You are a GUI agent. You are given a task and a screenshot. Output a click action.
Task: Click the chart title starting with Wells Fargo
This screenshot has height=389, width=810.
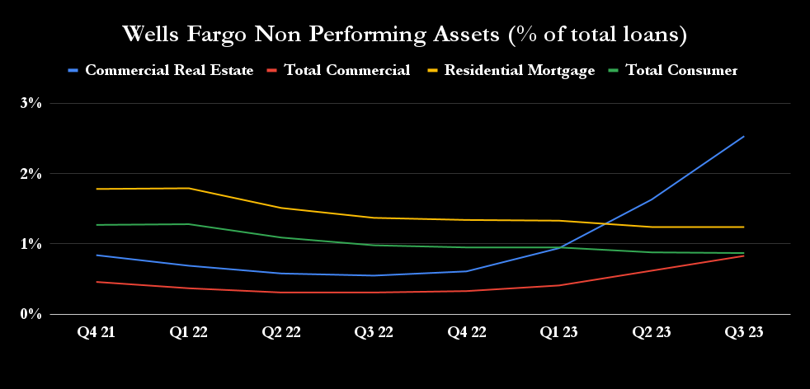pos(405,35)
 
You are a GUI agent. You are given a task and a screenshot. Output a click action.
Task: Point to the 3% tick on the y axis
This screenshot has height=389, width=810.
pos(31,103)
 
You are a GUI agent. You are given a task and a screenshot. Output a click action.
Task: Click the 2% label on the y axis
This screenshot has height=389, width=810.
pos(31,174)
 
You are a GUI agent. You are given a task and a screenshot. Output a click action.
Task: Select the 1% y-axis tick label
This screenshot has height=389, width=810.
pos(31,244)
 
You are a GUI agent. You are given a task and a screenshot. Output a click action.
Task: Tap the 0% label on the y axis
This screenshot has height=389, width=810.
pos(31,314)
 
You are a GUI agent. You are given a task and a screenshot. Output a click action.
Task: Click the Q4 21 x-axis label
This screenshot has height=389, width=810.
pos(97,332)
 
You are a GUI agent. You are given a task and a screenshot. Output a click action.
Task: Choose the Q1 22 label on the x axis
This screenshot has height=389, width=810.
pos(189,332)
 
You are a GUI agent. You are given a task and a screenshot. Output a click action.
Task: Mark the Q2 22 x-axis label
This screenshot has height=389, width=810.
pos(281,332)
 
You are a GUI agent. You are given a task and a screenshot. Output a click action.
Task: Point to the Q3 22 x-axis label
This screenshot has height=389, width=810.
pos(374,332)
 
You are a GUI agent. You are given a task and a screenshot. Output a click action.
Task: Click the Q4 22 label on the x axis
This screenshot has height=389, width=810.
pos(467,332)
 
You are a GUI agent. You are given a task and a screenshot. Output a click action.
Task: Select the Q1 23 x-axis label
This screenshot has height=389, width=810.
pos(559,332)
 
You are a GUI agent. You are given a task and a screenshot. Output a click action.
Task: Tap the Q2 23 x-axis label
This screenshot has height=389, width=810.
pos(652,332)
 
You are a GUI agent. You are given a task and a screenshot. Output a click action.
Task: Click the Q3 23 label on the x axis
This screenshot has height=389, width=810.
pos(744,332)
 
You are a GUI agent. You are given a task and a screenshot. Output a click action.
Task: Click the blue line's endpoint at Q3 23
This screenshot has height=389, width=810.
pos(744,137)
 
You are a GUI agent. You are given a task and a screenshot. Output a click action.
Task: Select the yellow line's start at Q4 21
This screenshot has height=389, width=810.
pos(97,189)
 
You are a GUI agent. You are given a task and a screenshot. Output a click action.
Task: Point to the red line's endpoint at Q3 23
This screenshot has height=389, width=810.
pos(744,255)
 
